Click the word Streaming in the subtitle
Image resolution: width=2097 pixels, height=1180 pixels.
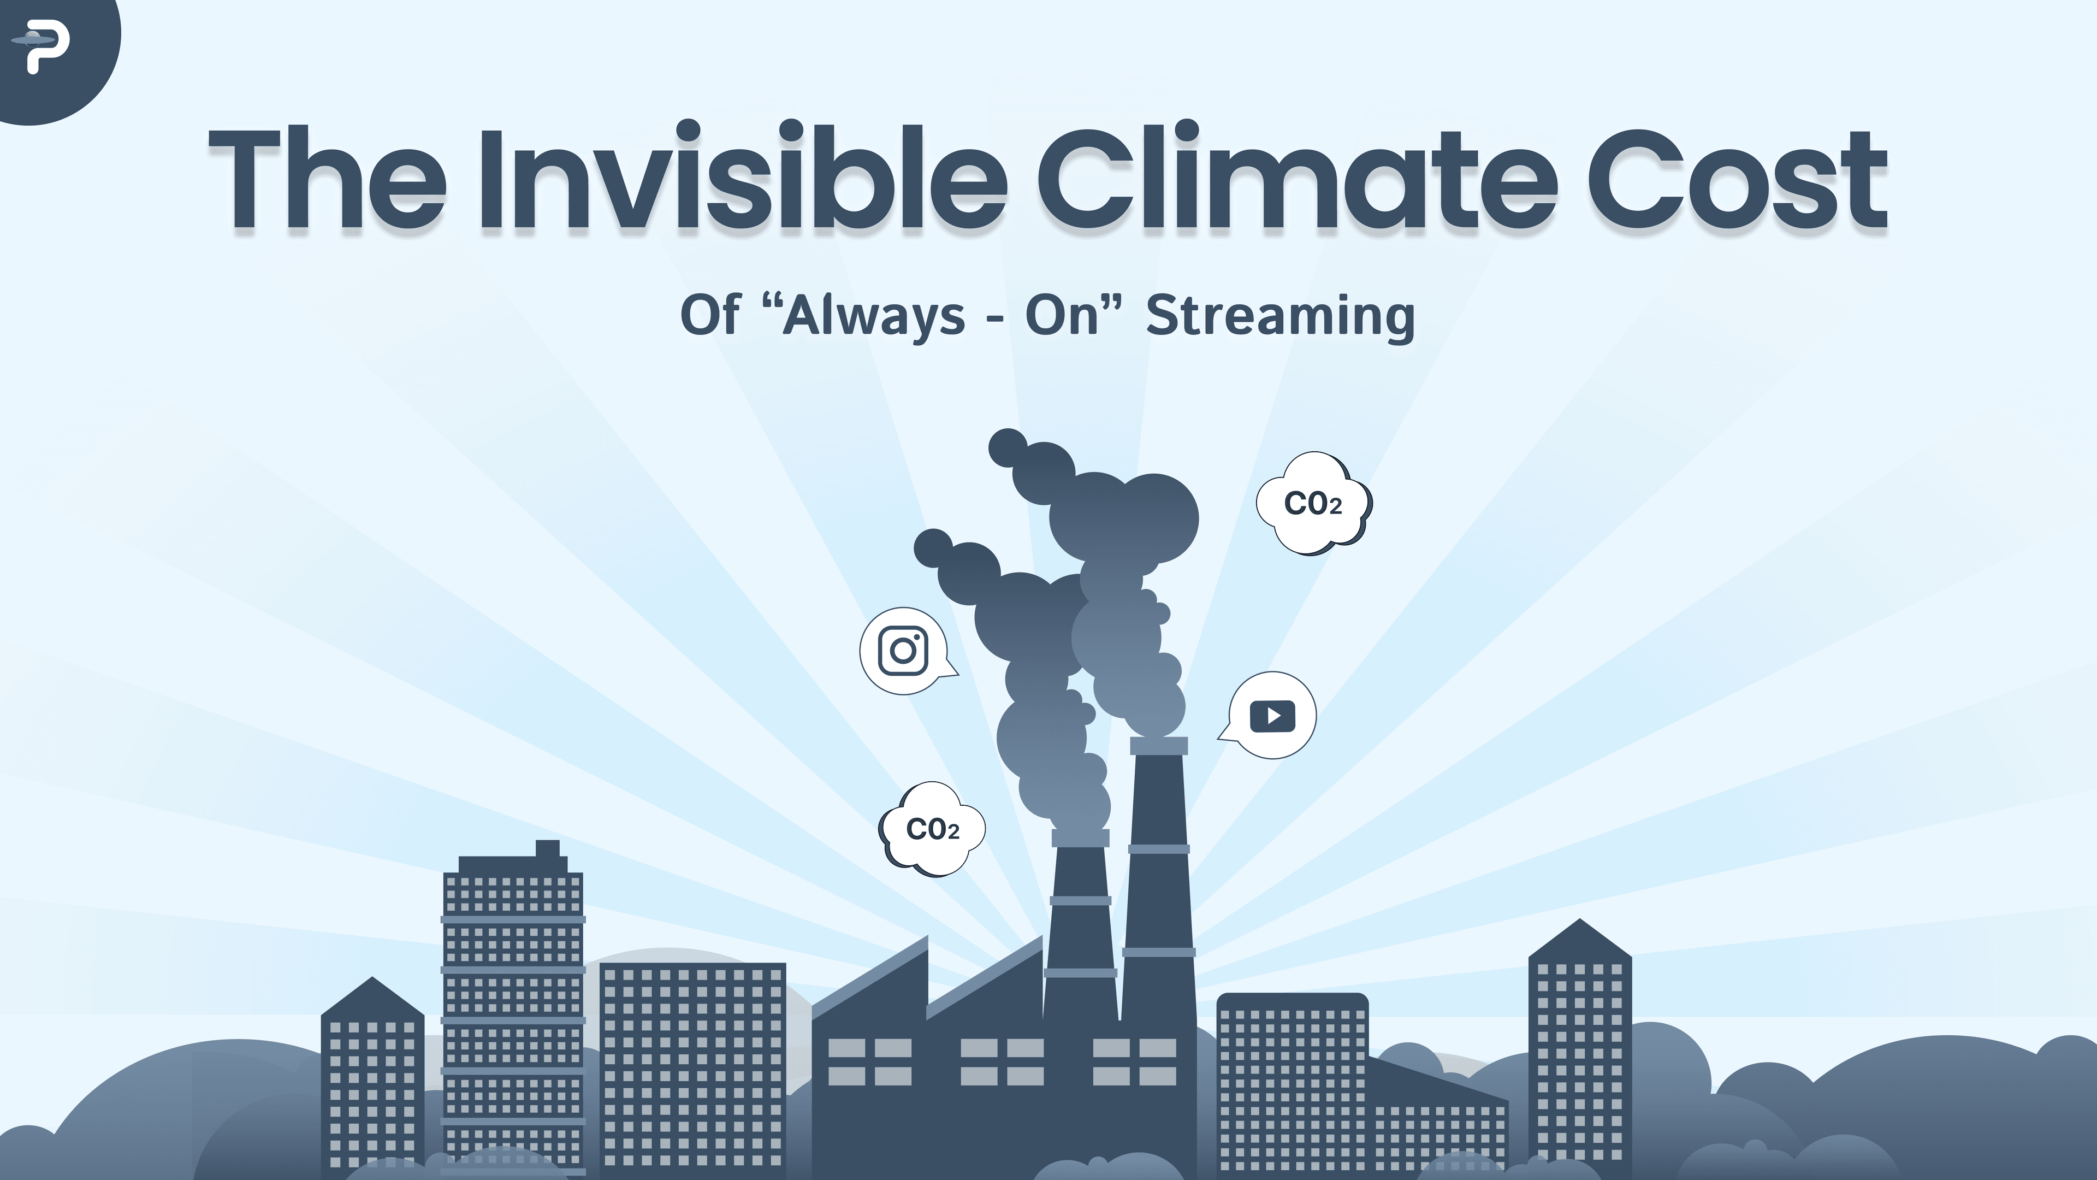point(1279,316)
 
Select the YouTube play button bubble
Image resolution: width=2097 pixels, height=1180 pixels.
point(1271,716)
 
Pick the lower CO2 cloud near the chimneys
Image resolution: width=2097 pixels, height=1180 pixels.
point(933,830)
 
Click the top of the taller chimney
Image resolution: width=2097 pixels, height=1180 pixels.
point(1158,745)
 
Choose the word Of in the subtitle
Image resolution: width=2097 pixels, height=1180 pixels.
point(710,316)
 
